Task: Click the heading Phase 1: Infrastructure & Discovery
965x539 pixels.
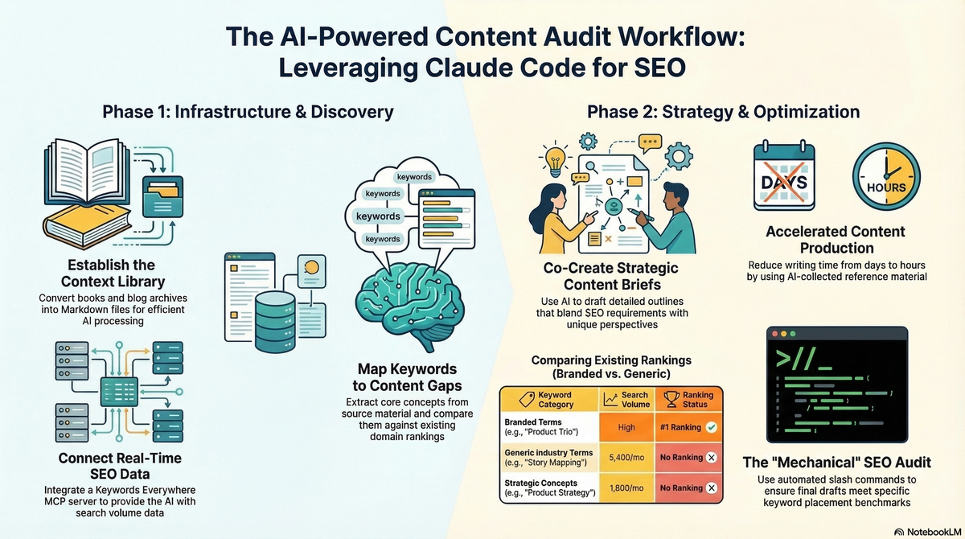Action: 248,112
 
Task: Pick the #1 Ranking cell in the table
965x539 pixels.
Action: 687,427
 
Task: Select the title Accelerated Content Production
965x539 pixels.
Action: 836,240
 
